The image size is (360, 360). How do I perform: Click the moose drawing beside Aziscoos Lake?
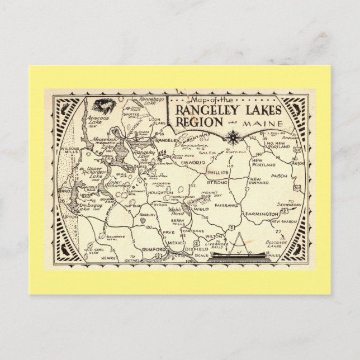[102, 105]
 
